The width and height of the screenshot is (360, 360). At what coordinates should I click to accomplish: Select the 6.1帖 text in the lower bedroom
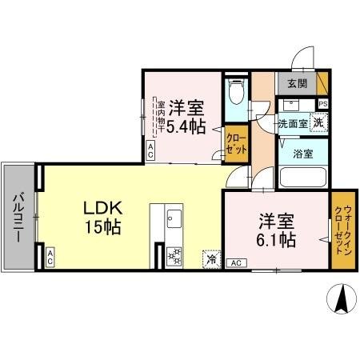278,238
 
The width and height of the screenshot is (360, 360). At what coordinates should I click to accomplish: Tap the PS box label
322,104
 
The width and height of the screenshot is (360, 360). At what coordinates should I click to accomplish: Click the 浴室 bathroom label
302,154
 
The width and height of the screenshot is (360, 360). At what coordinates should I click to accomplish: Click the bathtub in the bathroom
302,177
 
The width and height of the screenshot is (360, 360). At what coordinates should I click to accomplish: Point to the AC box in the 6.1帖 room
236,262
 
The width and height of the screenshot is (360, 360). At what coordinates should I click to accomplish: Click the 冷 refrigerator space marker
212,258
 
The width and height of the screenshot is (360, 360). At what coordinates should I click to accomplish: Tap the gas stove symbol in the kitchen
174,255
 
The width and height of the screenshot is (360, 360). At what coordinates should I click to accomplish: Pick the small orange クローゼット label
237,143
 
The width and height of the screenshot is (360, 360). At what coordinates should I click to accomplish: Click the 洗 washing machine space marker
318,122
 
